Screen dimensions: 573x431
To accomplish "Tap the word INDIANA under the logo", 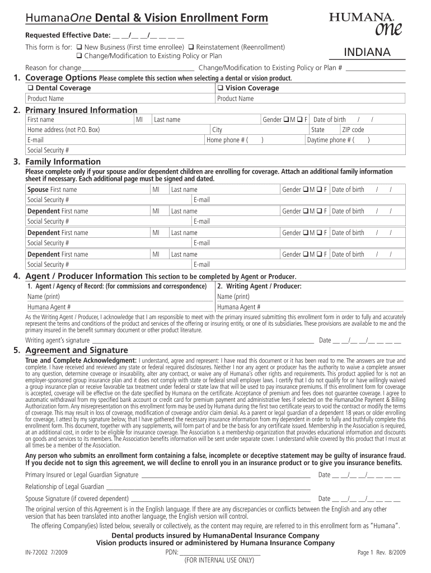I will pos(367,53).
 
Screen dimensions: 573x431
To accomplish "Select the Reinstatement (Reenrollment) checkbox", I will pos(191,46).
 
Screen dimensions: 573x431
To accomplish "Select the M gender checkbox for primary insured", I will pos(287,120).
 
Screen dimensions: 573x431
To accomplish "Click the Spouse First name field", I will pos(112,190).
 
